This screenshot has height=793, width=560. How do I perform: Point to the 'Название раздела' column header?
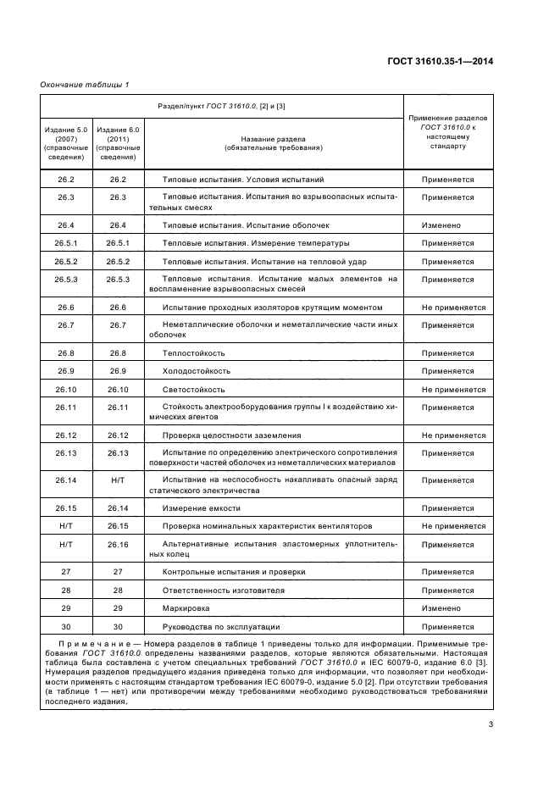pyautogui.click(x=273, y=142)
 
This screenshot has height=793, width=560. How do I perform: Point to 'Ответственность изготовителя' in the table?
pyautogui.click(x=223, y=590)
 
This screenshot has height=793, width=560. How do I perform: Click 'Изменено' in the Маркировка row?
pyautogui.click(x=441, y=608)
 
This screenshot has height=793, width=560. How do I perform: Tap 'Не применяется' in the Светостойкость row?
pyautogui.click(x=447, y=390)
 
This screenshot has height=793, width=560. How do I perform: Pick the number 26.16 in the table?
pyautogui.click(x=118, y=545)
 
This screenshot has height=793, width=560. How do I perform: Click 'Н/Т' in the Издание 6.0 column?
pyautogui.click(x=118, y=480)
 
